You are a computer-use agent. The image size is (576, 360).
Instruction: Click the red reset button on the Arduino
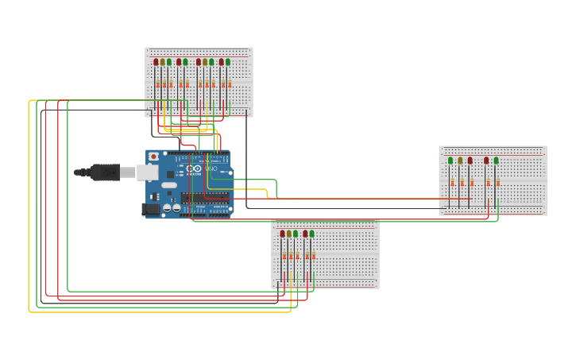(x=153, y=157)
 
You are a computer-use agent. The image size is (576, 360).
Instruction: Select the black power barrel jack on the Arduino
(x=150, y=209)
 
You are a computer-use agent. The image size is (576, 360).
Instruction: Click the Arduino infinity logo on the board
(x=194, y=168)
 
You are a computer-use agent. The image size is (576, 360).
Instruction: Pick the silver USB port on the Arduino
(x=147, y=172)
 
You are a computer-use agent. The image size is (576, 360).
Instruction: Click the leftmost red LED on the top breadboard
(x=156, y=62)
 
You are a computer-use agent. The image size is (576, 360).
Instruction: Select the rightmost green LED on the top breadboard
(x=228, y=62)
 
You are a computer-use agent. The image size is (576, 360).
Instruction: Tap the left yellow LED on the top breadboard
(x=162, y=62)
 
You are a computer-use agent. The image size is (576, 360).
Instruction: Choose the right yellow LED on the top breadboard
(x=205, y=62)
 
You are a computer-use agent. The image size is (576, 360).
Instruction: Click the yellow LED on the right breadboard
(x=460, y=161)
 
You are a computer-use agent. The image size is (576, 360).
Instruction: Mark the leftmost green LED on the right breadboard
(x=450, y=161)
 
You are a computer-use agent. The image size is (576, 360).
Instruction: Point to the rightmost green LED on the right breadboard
(x=497, y=161)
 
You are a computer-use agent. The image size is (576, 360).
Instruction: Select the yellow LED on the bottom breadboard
(x=289, y=234)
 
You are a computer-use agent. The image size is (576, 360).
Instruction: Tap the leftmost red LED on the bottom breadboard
(x=282, y=234)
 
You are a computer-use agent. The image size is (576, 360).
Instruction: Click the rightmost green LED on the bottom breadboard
(x=312, y=234)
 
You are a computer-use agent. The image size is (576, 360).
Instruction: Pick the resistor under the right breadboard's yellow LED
(x=462, y=183)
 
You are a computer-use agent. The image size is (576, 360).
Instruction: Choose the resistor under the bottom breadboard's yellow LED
(x=291, y=256)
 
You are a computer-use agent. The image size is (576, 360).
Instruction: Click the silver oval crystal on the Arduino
(x=169, y=185)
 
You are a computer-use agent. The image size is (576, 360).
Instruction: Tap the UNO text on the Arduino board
(x=211, y=168)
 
